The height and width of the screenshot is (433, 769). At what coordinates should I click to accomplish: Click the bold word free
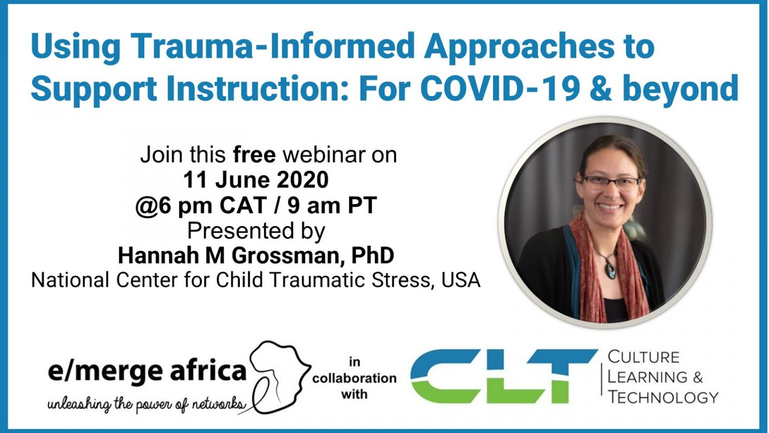click(254, 155)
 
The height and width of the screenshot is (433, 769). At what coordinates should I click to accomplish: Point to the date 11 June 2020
click(256, 180)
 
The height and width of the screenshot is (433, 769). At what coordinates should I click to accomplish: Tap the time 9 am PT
click(332, 205)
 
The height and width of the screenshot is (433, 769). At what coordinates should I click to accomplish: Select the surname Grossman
click(289, 256)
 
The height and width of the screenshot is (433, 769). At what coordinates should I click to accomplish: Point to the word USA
click(461, 280)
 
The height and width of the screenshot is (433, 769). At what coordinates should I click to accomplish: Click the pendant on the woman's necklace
click(611, 270)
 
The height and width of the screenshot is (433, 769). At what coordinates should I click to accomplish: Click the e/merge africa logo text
click(147, 371)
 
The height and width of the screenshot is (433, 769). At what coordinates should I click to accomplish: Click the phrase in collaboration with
click(354, 378)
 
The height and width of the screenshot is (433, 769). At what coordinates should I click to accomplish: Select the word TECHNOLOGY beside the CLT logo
click(663, 397)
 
